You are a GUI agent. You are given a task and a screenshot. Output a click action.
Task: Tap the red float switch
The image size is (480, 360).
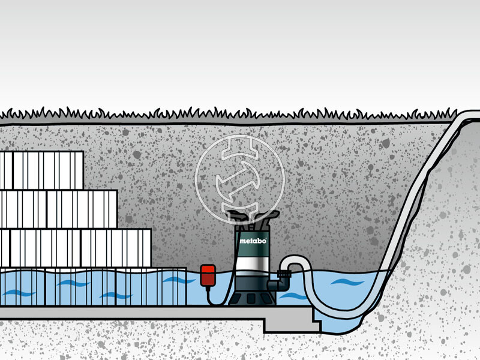tap(209, 275)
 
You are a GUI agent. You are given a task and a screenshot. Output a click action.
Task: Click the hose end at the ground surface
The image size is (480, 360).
tap(470, 116)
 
